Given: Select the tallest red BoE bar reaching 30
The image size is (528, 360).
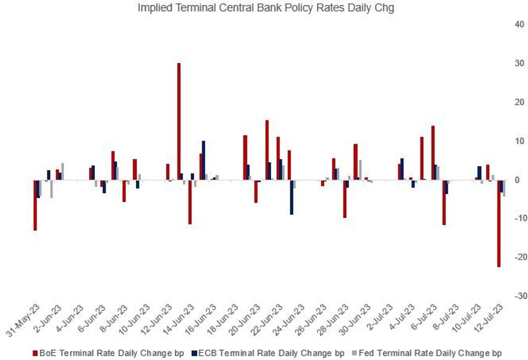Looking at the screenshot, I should tap(179, 121).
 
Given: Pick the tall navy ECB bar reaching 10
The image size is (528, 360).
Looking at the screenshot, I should tap(203, 160).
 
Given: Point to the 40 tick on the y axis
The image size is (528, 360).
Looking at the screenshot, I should tap(519, 24).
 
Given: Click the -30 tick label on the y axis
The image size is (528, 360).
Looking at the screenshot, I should tap(518, 296).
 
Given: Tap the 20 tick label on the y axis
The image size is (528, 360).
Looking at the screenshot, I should tap(519, 102).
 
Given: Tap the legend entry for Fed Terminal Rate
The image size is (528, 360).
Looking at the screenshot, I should tap(431, 353).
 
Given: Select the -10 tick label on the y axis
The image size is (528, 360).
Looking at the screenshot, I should tap(518, 218).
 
